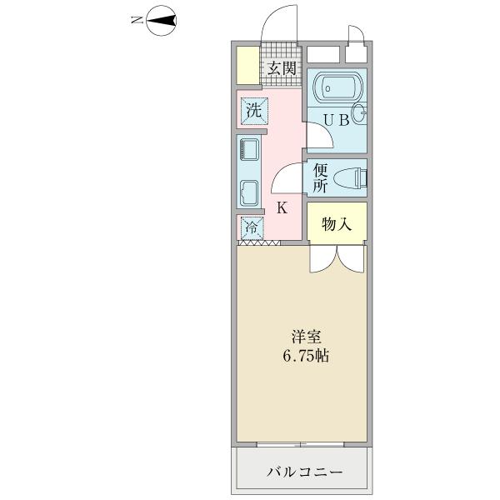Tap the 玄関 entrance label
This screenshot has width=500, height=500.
click(282, 67)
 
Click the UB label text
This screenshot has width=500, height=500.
click(337, 120)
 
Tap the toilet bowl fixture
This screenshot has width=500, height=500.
click(351, 177)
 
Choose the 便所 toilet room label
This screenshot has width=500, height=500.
click(319, 177)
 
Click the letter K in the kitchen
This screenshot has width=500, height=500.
click(282, 207)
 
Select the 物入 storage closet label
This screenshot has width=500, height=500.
click(335, 223)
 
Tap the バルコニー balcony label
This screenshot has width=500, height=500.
click(304, 472)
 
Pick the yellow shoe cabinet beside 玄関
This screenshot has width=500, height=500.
click(247, 65)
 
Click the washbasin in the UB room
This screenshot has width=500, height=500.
click(358, 115)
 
